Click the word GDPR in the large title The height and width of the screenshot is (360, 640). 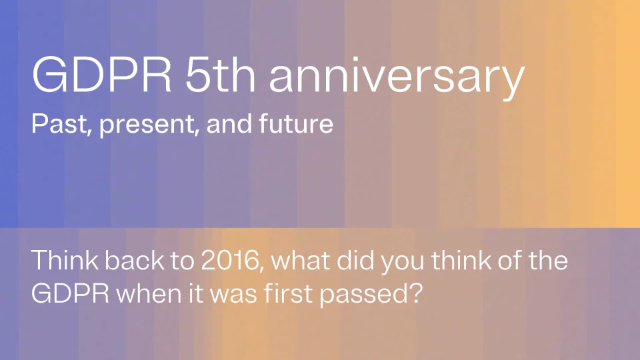(101, 75)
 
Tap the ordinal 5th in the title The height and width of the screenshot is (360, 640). (220, 75)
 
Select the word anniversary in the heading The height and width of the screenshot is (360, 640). (397, 79)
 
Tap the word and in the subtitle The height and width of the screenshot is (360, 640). (229, 123)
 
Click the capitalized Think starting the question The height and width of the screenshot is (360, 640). (65, 260)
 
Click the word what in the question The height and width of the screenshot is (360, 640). (300, 260)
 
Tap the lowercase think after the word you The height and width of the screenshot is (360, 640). (461, 260)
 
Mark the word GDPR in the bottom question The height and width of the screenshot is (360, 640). (70, 293)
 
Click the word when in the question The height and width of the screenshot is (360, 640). (149, 293)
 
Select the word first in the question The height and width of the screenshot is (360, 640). (288, 293)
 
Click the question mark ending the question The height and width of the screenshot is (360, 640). (415, 293)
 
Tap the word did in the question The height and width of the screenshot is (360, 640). (355, 260)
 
